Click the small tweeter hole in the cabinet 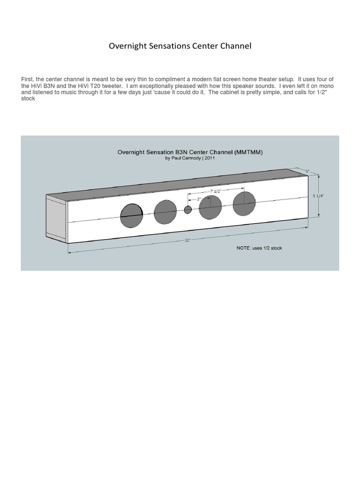[187, 210]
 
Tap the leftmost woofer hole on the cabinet [132, 216]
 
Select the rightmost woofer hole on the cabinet [244, 203]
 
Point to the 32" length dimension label [187, 240]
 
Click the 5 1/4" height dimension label [318, 196]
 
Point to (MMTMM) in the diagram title [239, 152]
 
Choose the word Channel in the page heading [237, 46]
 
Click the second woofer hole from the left [165, 212]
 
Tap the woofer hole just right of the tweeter [210, 207]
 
